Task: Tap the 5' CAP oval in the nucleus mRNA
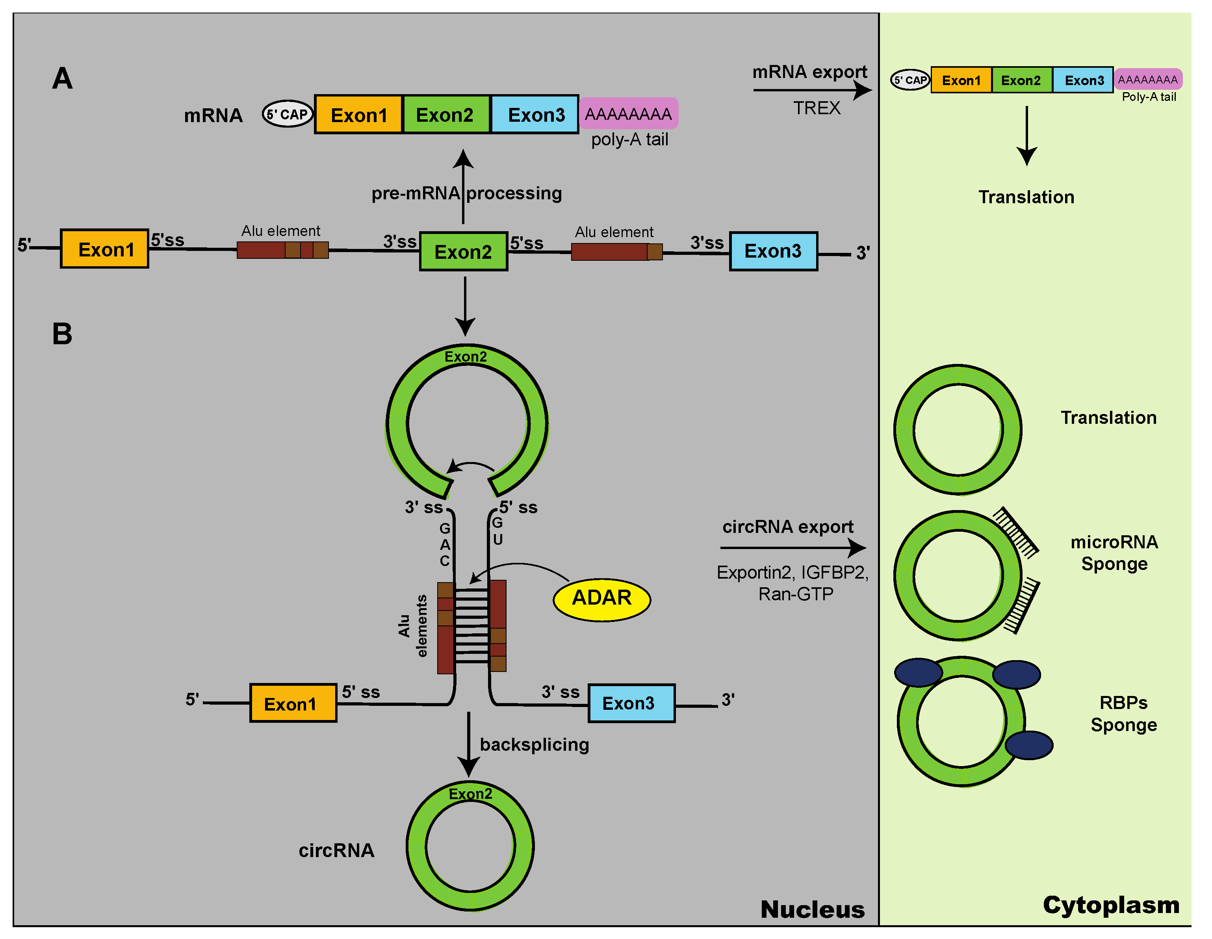coord(288,114)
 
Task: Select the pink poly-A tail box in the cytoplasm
coord(1148,79)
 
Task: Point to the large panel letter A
coord(63,78)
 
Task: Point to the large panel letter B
coord(62,334)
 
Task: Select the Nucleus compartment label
coord(813,909)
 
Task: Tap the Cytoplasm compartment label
coord(1111,905)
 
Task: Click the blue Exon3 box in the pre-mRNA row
coord(773,251)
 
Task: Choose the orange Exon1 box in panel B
coord(293,703)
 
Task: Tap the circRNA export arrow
coord(793,548)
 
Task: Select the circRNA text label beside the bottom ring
coord(336,850)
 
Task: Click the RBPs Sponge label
coord(1124,714)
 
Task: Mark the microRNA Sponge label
coord(1114,553)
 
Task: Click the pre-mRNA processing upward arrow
coord(463,186)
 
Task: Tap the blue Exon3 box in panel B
coord(631,703)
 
